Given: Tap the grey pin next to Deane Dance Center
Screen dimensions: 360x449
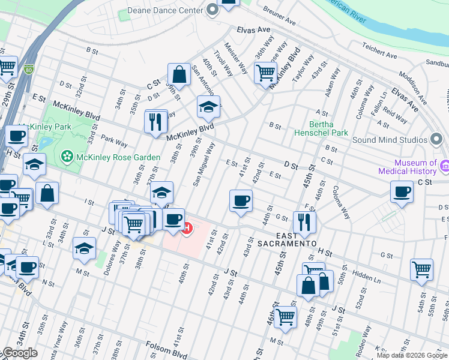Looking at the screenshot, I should [x=212, y=10].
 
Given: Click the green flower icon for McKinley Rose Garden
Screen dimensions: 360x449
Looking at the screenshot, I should [x=67, y=157].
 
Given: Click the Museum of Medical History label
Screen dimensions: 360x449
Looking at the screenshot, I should [x=415, y=167].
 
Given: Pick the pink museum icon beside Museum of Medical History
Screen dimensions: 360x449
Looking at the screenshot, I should [x=445, y=166].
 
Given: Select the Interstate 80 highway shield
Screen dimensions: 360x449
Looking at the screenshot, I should [x=29, y=70].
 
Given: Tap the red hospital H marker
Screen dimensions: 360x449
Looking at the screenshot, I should [x=187, y=229].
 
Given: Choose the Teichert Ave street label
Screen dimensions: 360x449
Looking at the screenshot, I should [x=379, y=50].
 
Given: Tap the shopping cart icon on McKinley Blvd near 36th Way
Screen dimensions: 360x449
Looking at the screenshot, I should [x=265, y=74].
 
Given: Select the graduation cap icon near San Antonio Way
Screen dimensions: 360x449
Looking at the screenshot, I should [x=208, y=107].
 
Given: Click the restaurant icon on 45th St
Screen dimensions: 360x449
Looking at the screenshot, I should [x=305, y=222].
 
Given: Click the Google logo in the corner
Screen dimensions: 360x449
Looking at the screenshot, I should [x=20, y=353].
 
